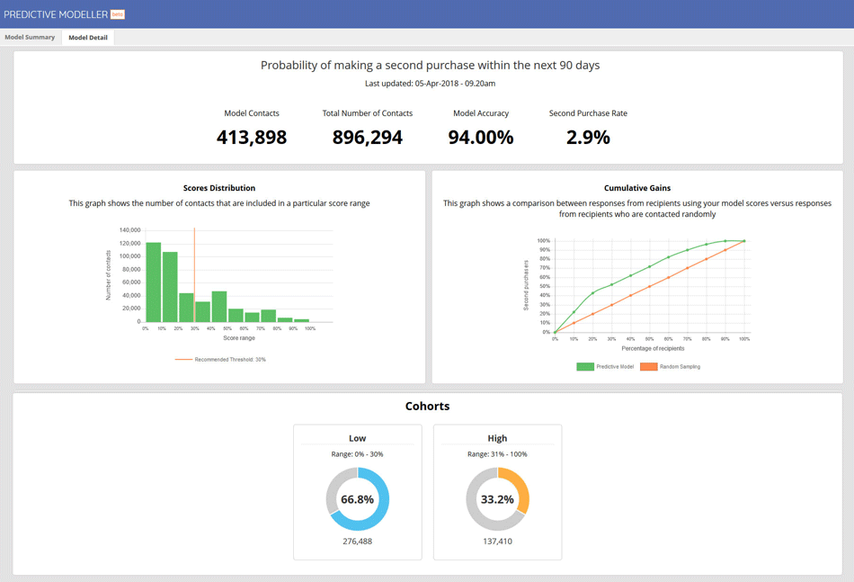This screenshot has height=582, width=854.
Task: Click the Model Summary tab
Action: (30, 38)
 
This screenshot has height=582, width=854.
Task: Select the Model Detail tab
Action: (88, 38)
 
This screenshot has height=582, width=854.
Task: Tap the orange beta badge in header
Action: (118, 14)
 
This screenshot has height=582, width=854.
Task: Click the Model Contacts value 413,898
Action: (252, 138)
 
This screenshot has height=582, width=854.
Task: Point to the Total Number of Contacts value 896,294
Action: (368, 138)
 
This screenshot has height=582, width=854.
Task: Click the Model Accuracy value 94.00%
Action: (481, 138)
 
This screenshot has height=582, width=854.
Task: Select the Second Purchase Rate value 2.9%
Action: (588, 138)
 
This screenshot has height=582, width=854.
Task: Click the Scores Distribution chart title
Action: (219, 188)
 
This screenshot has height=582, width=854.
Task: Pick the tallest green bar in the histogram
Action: (154, 282)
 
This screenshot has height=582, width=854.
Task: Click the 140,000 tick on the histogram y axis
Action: (129, 230)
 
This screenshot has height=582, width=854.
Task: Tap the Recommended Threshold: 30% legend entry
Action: (221, 360)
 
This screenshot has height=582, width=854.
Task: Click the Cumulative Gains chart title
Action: (637, 188)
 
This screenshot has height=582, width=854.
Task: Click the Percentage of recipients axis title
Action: (653, 348)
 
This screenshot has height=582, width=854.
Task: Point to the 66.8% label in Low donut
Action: (358, 499)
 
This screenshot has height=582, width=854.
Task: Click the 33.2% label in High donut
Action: (497, 499)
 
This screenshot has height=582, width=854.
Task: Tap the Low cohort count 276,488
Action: (358, 542)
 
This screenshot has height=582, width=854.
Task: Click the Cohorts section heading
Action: (427, 407)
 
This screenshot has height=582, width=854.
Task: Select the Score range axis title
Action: (239, 338)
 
